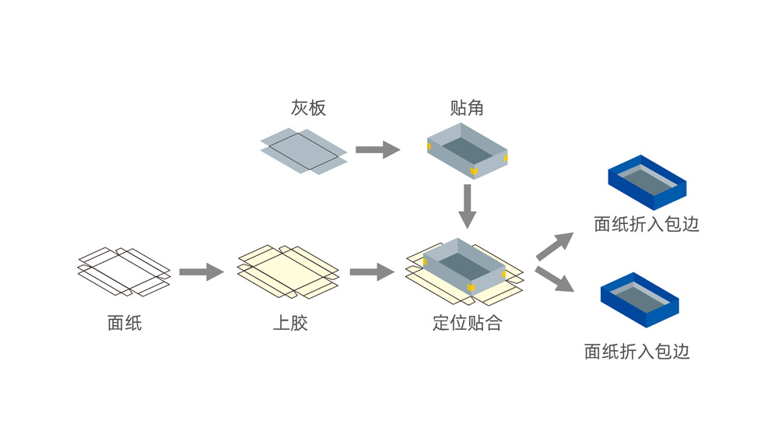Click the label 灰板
[x=308, y=108]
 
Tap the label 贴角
[x=466, y=108]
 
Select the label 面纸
[x=124, y=323]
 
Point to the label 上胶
[x=290, y=323]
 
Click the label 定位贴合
[x=467, y=323]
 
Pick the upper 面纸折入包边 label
[x=647, y=225]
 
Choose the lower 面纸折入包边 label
[x=637, y=352]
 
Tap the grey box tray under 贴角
[x=467, y=149]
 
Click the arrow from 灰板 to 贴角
[x=377, y=150]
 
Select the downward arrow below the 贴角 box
[x=467, y=205]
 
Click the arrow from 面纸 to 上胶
[x=201, y=272]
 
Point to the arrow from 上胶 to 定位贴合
[x=372, y=272]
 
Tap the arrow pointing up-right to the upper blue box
[x=555, y=245]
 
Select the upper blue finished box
[x=647, y=186]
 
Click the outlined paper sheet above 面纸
[x=124, y=272]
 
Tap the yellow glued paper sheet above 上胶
[x=288, y=272]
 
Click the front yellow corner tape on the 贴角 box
[x=472, y=169]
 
